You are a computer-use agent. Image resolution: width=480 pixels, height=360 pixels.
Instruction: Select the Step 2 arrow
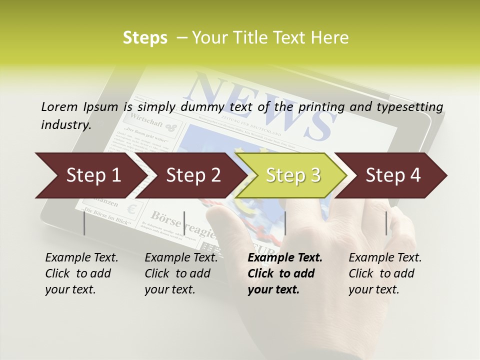click(192, 175)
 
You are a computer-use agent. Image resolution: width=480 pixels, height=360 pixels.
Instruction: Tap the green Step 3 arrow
click(292, 175)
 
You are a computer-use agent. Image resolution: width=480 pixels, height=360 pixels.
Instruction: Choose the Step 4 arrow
click(393, 175)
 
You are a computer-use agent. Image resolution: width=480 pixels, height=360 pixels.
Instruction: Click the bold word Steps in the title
click(145, 38)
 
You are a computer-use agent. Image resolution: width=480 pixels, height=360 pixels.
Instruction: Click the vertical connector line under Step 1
click(84, 223)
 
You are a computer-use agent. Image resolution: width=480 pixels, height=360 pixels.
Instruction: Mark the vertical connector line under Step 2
click(184, 223)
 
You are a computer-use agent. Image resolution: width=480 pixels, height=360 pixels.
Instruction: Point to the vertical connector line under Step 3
click(285, 223)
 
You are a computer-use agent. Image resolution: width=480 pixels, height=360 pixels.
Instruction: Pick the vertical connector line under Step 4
click(386, 223)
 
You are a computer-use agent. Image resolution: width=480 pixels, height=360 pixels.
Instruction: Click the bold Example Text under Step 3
click(285, 258)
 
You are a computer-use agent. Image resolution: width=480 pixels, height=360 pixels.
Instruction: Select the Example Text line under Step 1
click(81, 258)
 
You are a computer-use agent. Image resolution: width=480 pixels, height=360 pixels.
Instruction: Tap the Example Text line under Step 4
click(385, 258)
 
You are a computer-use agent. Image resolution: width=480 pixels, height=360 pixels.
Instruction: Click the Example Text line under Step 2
click(181, 258)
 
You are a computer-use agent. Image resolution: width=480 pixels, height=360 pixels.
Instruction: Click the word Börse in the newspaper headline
click(166, 217)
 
